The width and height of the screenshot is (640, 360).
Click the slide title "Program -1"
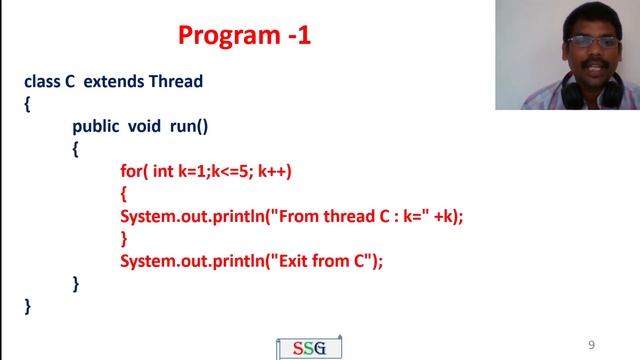[x=244, y=36]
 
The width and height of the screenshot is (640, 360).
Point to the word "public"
[x=95, y=126]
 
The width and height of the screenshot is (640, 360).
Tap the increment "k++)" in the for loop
[x=274, y=171]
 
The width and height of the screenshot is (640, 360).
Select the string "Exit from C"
[x=329, y=261]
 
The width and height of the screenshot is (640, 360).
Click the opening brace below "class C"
[x=28, y=103]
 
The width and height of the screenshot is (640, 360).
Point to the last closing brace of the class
[x=28, y=306]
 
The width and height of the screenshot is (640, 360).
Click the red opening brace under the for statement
[x=124, y=193]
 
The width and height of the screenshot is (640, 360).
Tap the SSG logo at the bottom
[x=308, y=348]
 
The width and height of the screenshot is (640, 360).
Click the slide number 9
[x=591, y=345]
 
